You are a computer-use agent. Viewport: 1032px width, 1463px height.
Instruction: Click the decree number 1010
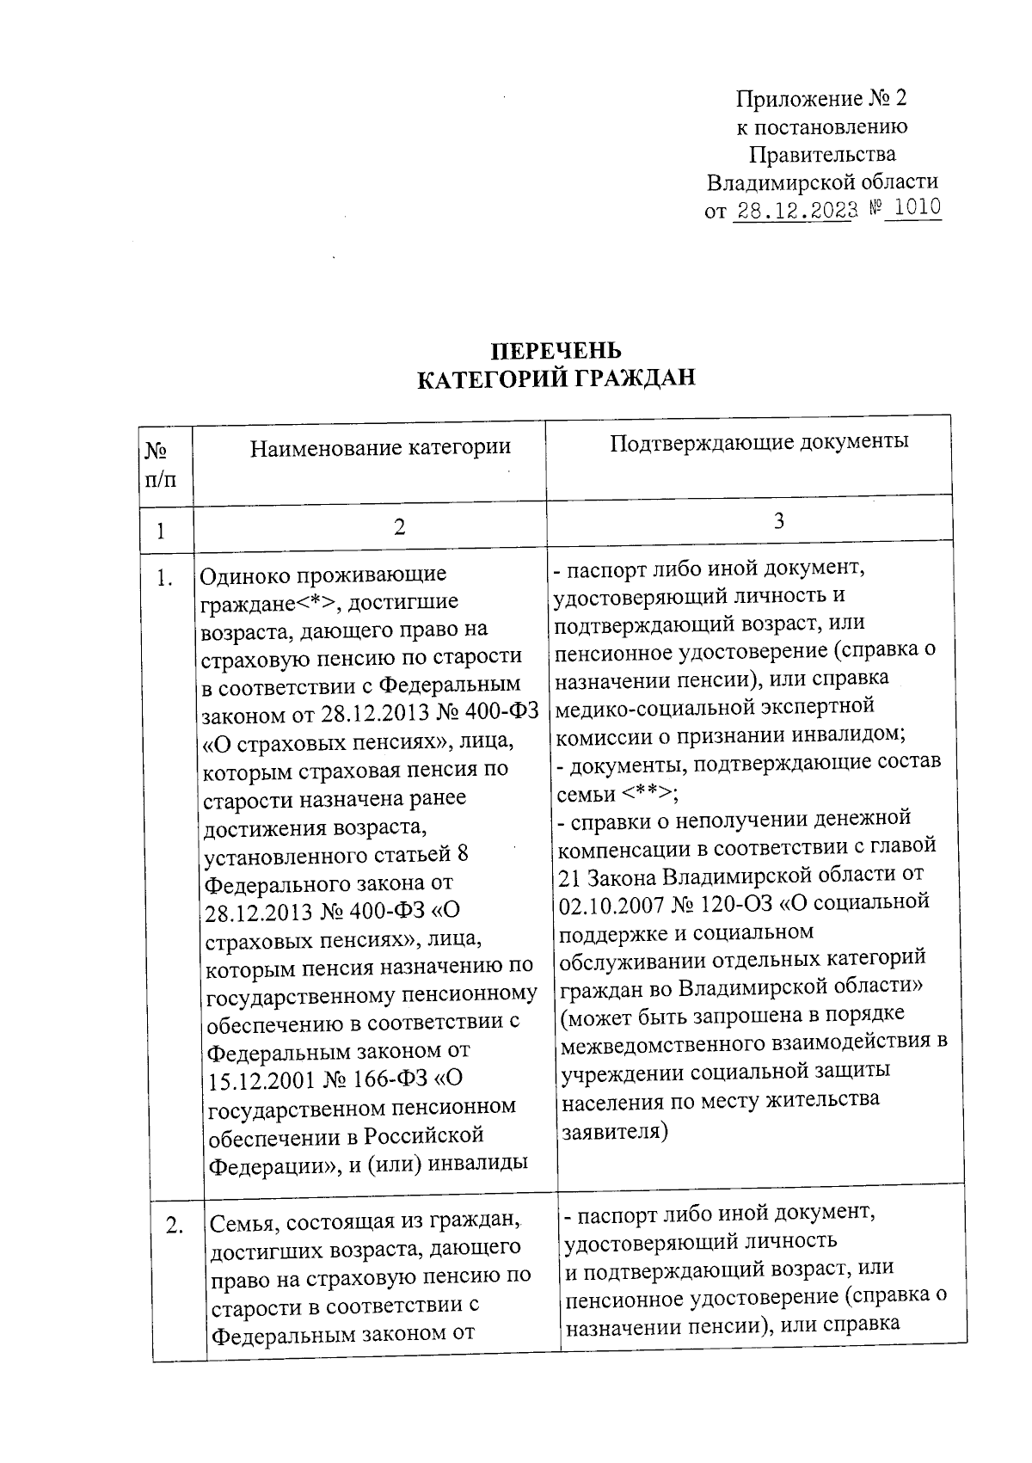click(914, 207)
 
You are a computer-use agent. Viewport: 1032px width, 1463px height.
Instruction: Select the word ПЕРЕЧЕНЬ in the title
click(556, 350)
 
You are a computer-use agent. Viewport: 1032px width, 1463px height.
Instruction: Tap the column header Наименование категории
click(380, 447)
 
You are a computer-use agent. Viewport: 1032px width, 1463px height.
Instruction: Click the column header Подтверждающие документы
click(759, 442)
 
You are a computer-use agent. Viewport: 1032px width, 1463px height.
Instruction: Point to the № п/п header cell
click(163, 464)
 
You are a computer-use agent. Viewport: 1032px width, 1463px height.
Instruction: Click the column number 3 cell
click(778, 521)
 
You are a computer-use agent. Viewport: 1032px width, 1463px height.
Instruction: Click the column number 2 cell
click(398, 527)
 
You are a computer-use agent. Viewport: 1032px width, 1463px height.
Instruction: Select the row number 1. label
click(164, 579)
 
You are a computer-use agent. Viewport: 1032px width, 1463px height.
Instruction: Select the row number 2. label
click(175, 1226)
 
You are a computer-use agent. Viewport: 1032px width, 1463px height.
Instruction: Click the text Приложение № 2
click(821, 98)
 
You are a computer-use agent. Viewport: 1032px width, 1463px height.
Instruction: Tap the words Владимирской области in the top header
click(821, 181)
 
